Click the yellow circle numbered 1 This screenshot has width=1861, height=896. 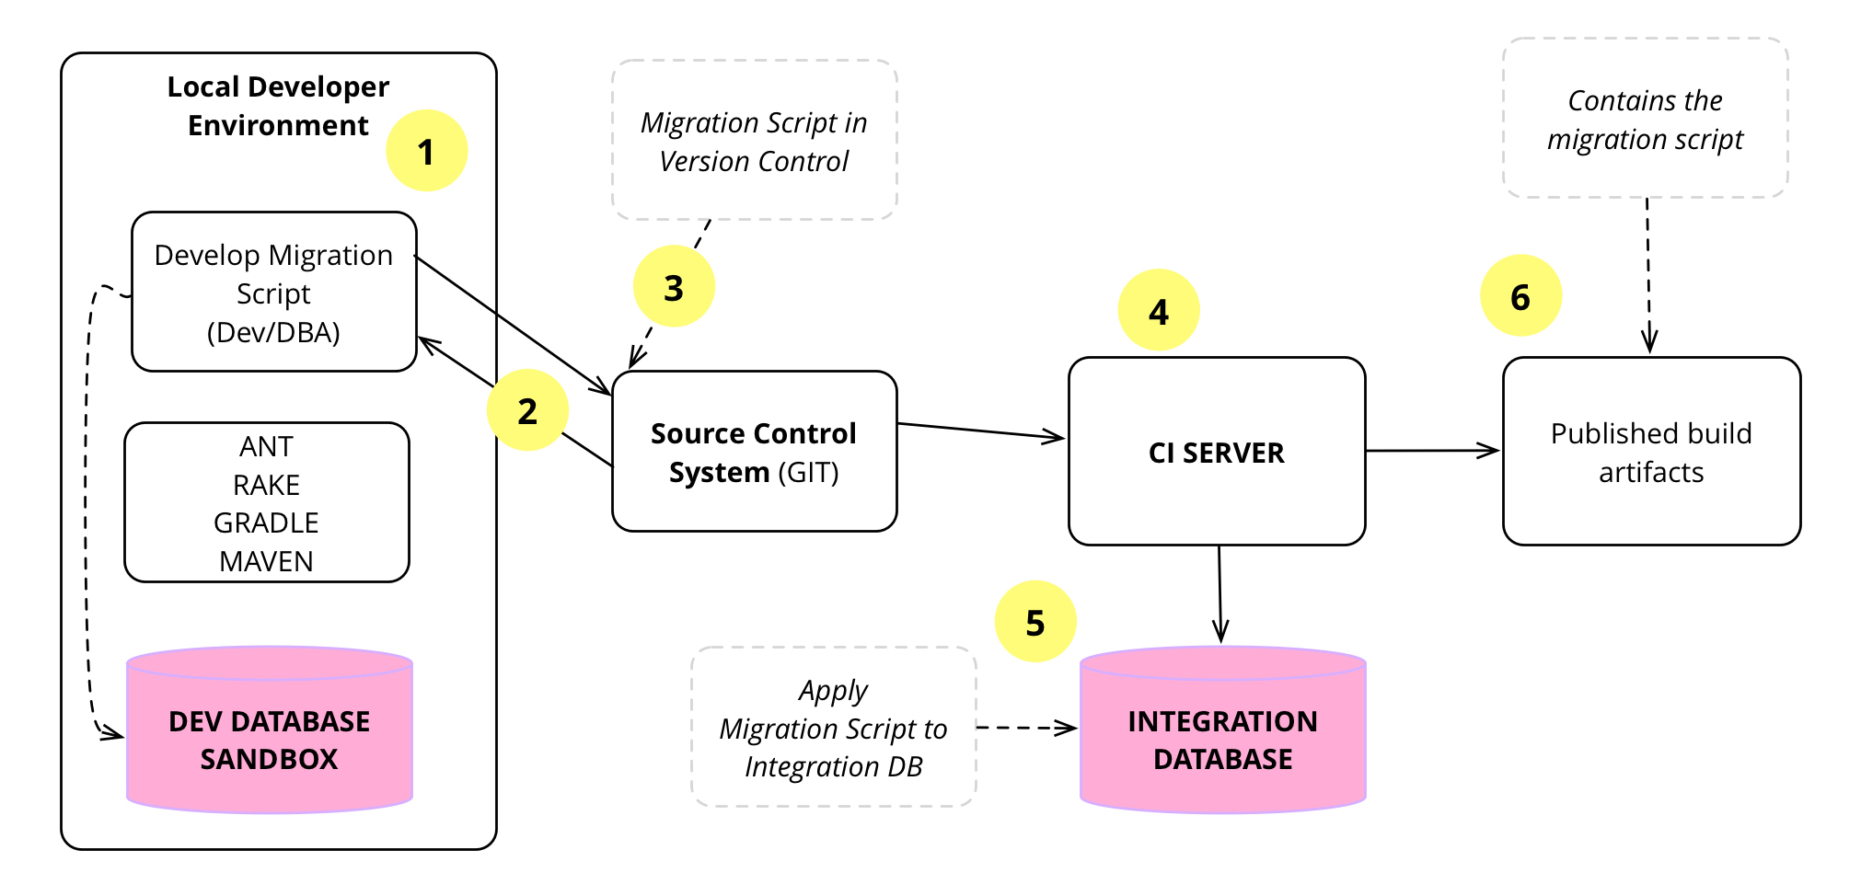tap(426, 151)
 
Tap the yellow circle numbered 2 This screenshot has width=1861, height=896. tap(527, 410)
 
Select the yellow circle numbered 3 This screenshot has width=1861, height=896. tap(674, 287)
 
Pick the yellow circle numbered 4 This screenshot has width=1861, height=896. tap(1158, 311)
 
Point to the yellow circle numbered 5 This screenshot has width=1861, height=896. tap(1035, 622)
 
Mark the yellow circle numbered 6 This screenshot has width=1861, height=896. tap(1520, 296)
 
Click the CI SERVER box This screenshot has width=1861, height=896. tap(1216, 452)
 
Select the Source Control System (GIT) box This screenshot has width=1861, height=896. tap(754, 452)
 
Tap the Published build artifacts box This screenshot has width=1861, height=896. tap(1651, 452)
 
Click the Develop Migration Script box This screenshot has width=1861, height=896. tap(273, 293)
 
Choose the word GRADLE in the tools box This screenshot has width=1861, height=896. tap(266, 523)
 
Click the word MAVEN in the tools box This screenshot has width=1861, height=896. tap(266, 561)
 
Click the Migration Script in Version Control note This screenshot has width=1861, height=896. tap(754, 141)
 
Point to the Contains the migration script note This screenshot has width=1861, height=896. tap(1645, 119)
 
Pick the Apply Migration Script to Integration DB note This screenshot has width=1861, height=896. tap(833, 728)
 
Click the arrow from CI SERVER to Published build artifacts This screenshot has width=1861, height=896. tap(1432, 451)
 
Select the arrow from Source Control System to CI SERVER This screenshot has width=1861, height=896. tap(981, 431)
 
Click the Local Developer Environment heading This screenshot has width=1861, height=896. tap(278, 105)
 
